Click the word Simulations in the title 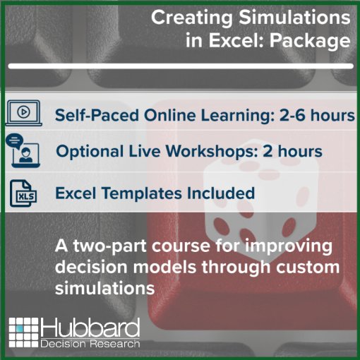pos(294,18)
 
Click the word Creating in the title pos(192,18)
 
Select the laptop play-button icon pos(24,113)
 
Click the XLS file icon pos(23,193)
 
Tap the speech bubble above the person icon pos(15,141)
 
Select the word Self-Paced pos(97,115)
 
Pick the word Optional pos(90,152)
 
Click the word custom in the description pos(308,268)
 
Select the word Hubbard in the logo pos(90,328)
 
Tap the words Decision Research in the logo pos(90,344)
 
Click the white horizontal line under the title pos(181,66)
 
